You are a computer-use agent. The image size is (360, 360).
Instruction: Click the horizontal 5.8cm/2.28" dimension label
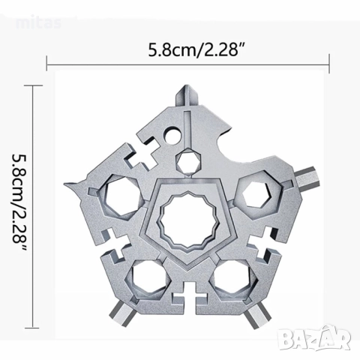(x=196, y=49)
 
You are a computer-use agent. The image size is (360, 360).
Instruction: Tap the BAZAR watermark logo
(x=315, y=338)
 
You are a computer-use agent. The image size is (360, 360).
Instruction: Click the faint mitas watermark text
(x=38, y=23)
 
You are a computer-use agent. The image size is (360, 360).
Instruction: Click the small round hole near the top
(x=172, y=136)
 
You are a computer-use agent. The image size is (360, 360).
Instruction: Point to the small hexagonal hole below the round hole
(x=188, y=161)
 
